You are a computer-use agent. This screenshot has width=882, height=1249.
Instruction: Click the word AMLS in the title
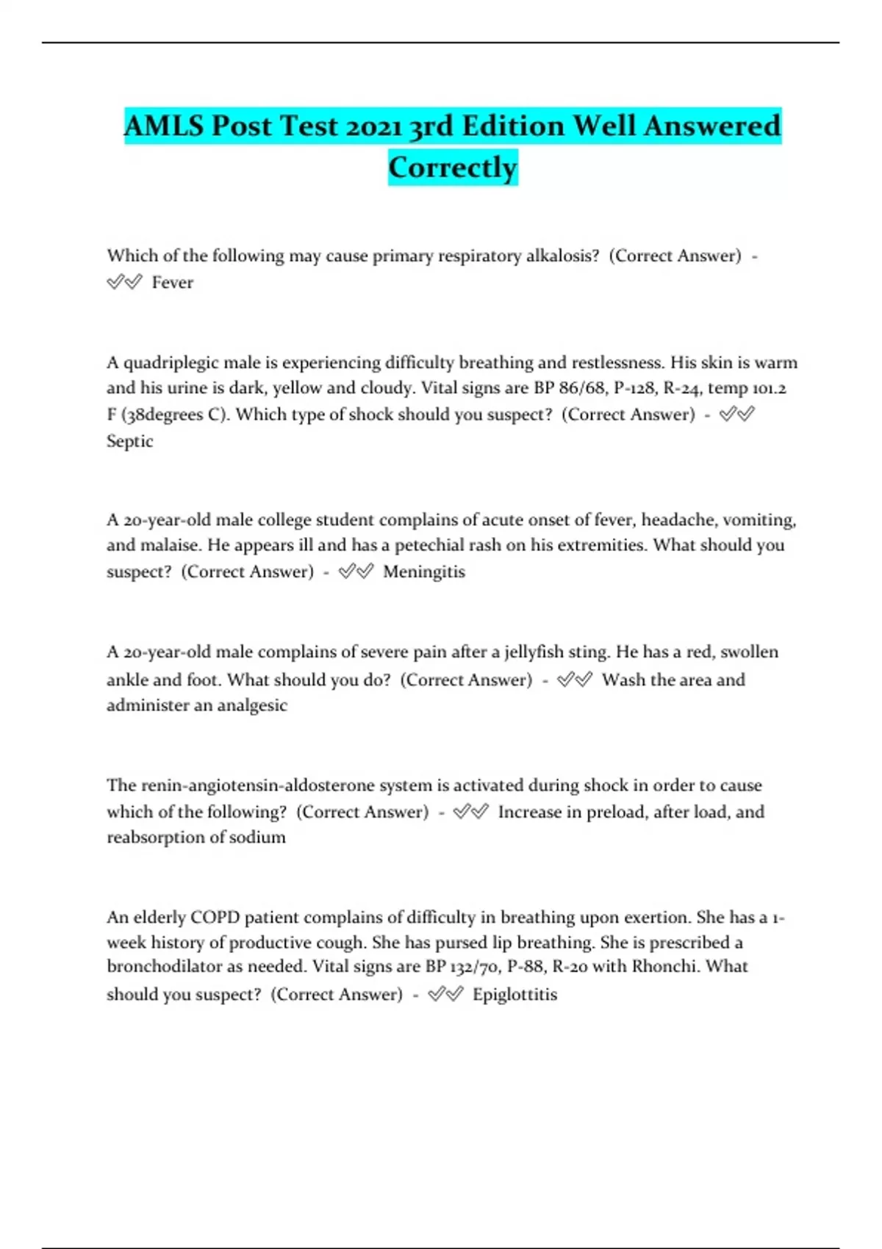163,126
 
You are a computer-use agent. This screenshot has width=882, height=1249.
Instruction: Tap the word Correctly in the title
453,168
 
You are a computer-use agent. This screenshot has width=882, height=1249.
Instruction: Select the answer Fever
173,283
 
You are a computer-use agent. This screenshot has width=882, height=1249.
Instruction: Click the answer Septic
130,442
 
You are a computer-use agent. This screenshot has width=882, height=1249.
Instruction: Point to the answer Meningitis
424,572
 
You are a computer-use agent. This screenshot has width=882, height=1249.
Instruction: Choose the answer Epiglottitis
514,995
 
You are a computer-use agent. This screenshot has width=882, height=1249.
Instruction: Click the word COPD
215,918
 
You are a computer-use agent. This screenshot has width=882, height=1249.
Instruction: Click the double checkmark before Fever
124,283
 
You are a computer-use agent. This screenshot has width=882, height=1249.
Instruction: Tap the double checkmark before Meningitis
356,572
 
